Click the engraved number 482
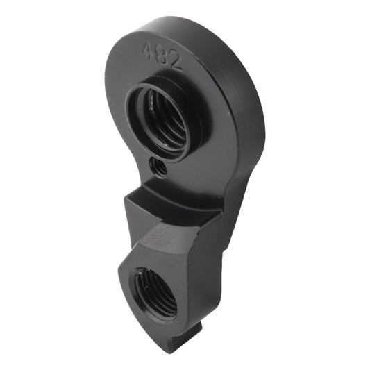tap(161, 55)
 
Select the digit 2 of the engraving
tap(174, 62)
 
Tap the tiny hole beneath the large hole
tap(159, 167)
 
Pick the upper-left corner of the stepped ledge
tap(126, 200)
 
